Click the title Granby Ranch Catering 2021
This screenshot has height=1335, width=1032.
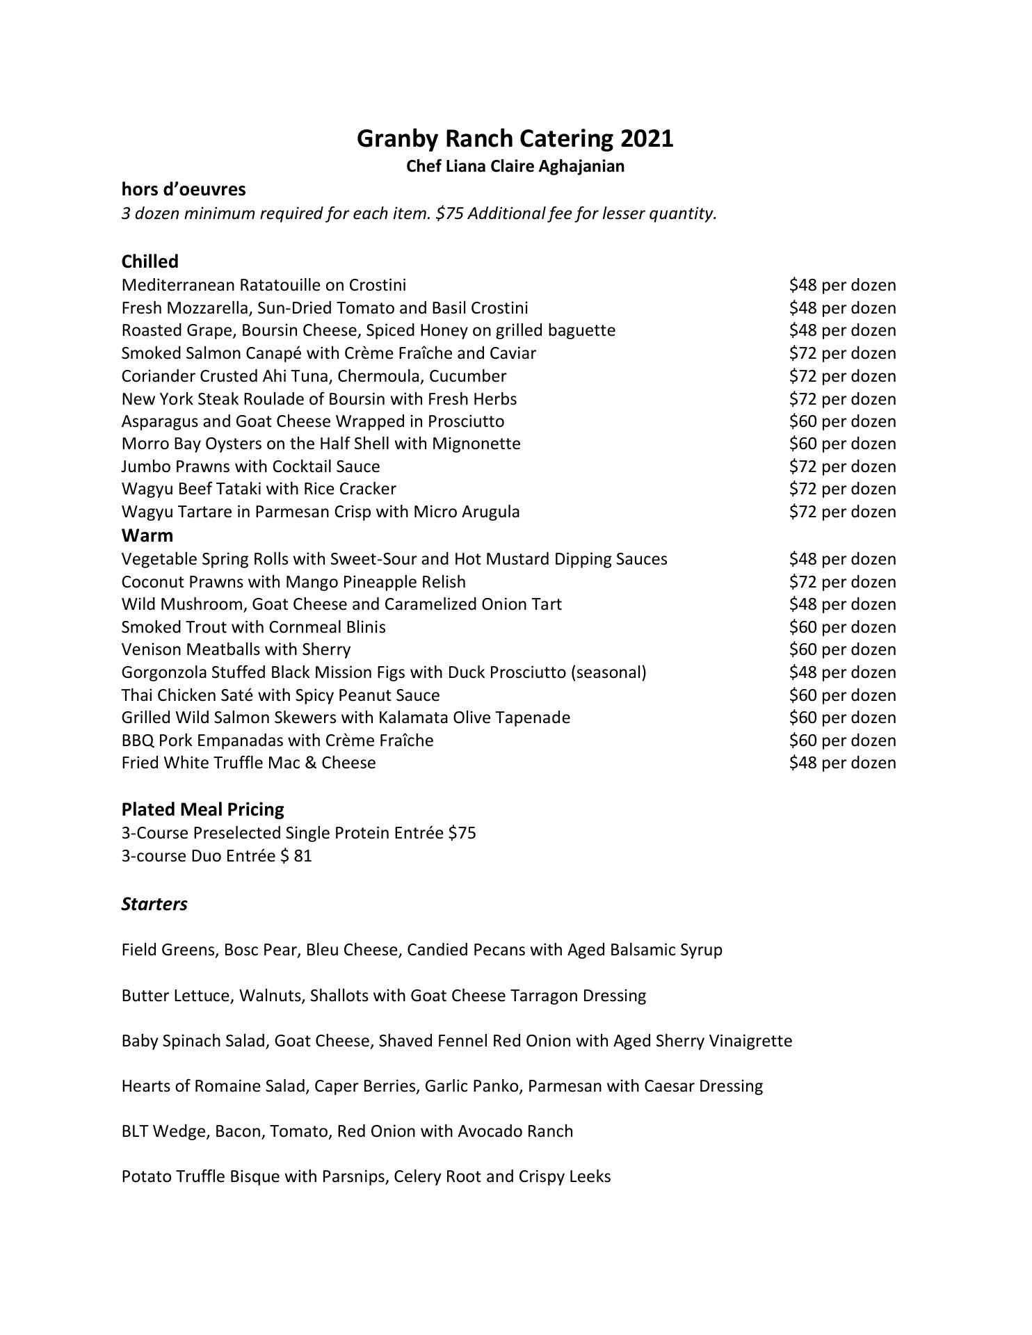[515, 138]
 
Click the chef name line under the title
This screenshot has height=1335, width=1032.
[515, 166]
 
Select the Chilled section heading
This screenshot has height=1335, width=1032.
[150, 261]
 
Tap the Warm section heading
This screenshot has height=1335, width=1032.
[147, 535]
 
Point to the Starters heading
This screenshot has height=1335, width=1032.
[154, 904]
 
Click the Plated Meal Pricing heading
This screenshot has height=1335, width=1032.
[202, 809]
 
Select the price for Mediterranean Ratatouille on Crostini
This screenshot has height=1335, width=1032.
[842, 285]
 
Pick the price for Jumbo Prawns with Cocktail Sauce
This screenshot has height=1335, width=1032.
[842, 467]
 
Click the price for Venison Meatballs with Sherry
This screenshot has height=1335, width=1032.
[842, 649]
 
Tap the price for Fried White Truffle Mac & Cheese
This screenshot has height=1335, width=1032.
[842, 763]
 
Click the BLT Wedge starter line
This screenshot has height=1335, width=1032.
[347, 1131]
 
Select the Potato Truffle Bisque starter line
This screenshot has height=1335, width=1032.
[366, 1176]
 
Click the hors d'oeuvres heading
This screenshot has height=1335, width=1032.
[183, 189]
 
